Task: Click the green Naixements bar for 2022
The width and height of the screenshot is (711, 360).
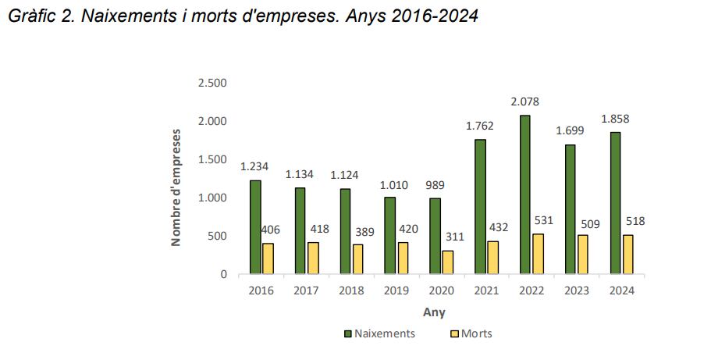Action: tap(525, 195)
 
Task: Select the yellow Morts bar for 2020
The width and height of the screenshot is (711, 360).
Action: tap(448, 262)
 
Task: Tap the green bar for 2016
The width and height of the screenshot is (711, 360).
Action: tap(255, 227)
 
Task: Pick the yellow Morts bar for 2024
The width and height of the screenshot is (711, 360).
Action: tap(628, 255)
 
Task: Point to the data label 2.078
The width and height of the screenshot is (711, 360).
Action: tap(525, 102)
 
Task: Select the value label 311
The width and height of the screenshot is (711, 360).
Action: tap(453, 236)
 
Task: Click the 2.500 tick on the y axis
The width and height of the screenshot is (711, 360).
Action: tap(212, 84)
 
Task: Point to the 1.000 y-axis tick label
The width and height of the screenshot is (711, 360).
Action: tap(212, 198)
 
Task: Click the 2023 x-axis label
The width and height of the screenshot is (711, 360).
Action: tap(577, 290)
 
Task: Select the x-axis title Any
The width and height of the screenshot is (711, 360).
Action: tap(434, 312)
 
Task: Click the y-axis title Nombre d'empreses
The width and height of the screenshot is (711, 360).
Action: tap(176, 187)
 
